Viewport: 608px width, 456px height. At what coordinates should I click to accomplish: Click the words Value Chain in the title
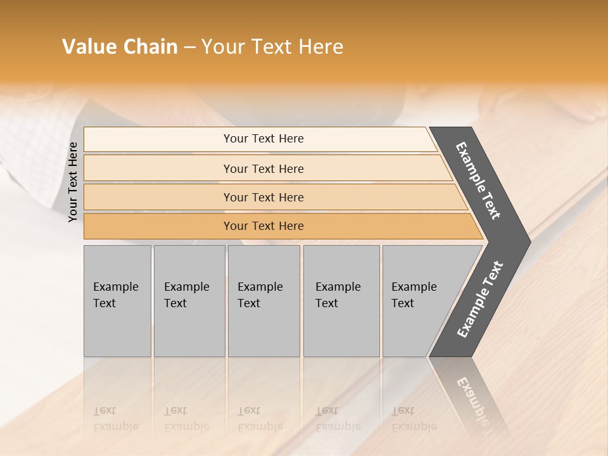coord(120,47)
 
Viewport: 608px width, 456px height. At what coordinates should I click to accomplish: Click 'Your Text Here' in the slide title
coord(272,47)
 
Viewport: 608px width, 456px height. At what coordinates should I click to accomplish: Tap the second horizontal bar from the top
coord(263,168)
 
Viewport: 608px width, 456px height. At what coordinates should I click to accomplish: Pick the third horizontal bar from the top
coord(263,197)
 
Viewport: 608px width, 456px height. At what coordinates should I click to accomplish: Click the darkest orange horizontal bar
coord(263,226)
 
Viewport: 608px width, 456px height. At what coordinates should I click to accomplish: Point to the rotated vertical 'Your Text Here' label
coord(73,182)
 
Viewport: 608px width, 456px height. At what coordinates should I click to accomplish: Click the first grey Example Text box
coord(117,301)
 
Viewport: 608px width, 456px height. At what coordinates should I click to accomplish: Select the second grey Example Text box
coord(189,301)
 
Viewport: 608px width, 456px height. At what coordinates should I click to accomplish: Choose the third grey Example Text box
coord(263,301)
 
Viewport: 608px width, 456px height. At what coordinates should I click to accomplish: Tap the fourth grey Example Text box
coord(341,301)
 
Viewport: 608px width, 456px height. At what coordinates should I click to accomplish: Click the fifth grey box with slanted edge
coord(418,301)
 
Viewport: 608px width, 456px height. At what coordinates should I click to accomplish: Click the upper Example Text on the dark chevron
coord(479,180)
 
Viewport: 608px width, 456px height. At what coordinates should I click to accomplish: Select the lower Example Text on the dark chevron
coord(480,299)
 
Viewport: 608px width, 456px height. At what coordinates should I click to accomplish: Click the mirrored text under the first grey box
coord(116,419)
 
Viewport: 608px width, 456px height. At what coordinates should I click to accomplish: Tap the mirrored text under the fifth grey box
coord(414,419)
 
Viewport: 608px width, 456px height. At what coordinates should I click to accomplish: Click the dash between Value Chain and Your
coord(189,47)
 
